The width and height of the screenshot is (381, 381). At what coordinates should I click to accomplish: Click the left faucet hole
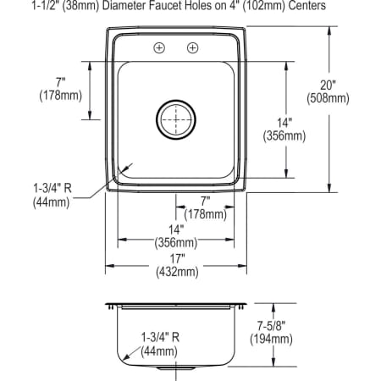pos(159,48)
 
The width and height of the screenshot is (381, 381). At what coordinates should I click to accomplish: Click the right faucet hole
pos(193,48)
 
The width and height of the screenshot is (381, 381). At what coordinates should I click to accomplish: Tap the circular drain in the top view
pos(176,120)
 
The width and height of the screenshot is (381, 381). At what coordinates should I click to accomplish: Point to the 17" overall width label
pos(176,258)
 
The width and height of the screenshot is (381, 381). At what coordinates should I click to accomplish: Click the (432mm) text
pos(176,272)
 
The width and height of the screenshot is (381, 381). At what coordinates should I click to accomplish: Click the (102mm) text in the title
pos(254,5)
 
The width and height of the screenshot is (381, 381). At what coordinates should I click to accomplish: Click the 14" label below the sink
pos(176,229)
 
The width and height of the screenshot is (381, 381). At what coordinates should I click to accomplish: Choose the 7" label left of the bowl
pos(60,82)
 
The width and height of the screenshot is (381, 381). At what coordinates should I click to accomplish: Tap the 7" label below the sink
pos(206,202)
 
